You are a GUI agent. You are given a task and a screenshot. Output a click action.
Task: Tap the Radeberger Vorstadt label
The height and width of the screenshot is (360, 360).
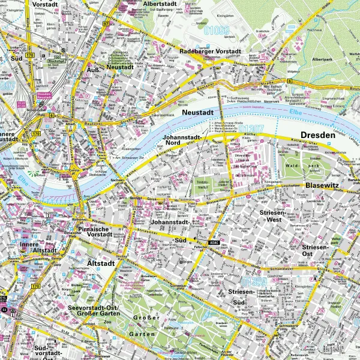(213, 51)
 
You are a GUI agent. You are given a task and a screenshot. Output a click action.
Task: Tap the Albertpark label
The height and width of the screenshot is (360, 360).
(322, 59)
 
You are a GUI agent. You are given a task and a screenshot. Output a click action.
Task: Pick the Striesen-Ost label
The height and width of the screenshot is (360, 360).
(316, 250)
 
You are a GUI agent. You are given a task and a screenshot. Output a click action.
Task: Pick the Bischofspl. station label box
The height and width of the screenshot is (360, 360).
(57, 60)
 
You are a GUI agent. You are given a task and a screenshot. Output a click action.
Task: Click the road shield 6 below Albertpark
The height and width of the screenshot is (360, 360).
(289, 80)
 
